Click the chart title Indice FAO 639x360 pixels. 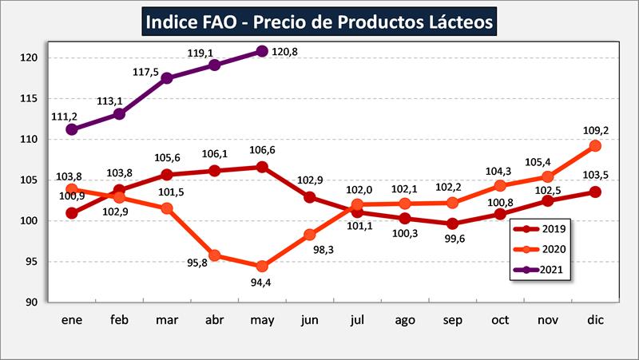coord(319,21)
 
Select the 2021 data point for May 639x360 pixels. coord(262,51)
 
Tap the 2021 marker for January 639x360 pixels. coord(72,129)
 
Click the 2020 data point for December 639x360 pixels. coord(594,145)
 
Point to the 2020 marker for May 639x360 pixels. coord(262,266)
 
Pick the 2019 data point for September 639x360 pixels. coord(452,224)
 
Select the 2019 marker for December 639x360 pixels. coord(594,192)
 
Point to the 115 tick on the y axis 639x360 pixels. coord(31,98)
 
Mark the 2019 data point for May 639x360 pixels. coord(262,167)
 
